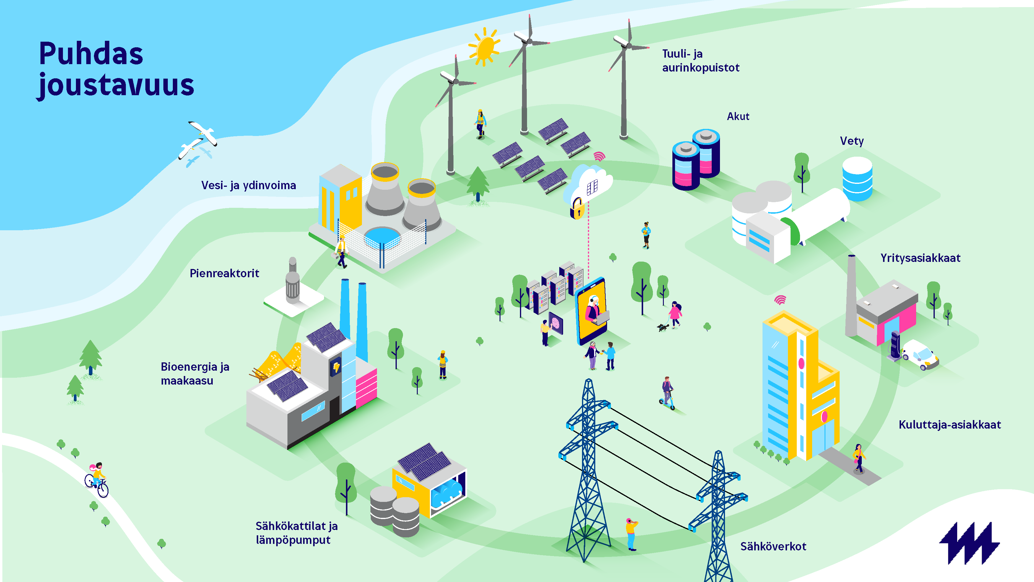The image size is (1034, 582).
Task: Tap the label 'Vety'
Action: click(x=852, y=141)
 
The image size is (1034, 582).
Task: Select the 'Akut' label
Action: click(x=738, y=116)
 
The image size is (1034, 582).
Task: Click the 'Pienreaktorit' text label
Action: click(x=225, y=273)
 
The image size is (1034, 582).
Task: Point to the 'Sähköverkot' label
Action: click(x=773, y=546)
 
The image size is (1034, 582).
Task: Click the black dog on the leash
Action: click(x=662, y=327)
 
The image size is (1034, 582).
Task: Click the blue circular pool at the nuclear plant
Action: click(x=382, y=237)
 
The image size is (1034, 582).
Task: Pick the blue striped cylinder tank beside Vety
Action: click(x=857, y=179)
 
